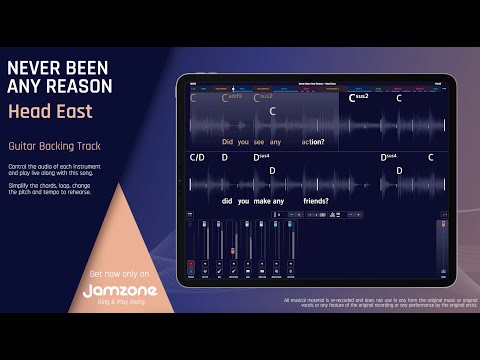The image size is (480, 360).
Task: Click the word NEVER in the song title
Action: (31, 67)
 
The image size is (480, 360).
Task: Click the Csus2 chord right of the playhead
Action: (359, 98)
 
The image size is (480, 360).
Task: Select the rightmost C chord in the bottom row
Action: (431, 157)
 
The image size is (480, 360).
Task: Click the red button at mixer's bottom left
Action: (191, 264)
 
